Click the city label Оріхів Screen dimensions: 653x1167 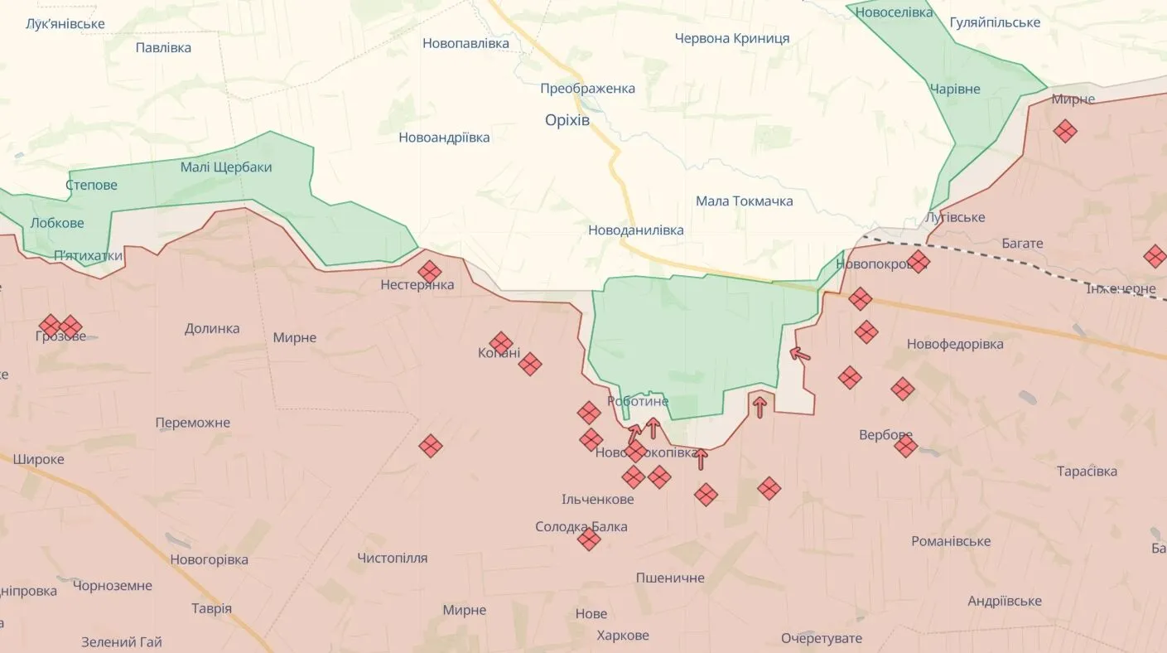pos(567,120)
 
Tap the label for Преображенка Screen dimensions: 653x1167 pos(587,89)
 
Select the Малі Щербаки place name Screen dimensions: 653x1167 pos(225,167)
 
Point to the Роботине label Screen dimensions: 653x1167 pos(638,401)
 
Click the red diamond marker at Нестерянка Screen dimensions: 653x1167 pos(429,272)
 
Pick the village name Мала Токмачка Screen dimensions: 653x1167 pos(744,201)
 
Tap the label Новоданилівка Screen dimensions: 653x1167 pos(635,230)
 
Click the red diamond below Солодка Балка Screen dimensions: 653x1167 pos(589,539)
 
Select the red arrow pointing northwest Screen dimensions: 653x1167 pos(799,355)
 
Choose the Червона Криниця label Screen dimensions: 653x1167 pos(731,38)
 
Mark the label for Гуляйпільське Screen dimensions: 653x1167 pos(994,22)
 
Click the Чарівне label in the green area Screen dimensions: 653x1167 pos(954,89)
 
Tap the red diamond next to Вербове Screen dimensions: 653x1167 pos(905,447)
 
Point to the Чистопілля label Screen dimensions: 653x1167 pos(392,559)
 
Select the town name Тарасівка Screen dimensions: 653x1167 pos(1087,472)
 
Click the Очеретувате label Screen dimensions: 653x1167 pos(821,639)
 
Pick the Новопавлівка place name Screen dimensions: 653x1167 pos(465,43)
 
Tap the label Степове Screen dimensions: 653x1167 pos(91,185)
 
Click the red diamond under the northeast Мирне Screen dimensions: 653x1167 pos(1065,131)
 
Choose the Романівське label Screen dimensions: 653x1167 pos(951,541)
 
